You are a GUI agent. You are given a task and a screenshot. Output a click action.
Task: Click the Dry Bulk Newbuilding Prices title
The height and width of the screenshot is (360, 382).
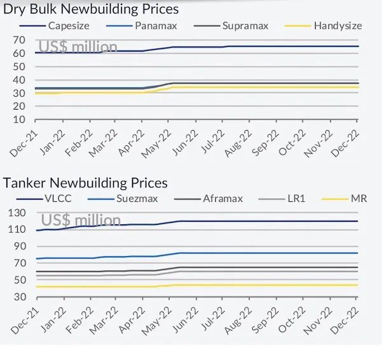[x=91, y=9]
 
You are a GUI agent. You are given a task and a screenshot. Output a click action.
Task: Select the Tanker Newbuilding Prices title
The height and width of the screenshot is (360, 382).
[x=85, y=183]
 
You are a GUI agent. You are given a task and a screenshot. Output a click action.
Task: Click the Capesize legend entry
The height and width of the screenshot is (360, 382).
[x=67, y=26]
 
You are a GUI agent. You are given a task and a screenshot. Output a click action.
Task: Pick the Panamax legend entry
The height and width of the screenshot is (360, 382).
[x=155, y=26]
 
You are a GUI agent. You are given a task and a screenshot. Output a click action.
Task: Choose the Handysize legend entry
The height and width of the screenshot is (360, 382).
[x=337, y=26]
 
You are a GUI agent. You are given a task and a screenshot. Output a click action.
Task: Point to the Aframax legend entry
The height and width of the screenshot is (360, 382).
[x=222, y=199]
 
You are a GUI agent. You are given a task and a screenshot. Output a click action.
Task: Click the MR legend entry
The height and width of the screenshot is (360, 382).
[x=358, y=199]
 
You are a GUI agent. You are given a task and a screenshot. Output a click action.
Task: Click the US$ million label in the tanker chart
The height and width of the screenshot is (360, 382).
[x=81, y=220]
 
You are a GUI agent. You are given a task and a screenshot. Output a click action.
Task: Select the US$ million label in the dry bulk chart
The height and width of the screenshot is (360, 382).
[x=78, y=47]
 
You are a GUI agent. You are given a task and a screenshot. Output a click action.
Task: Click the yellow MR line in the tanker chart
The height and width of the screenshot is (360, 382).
[x=255, y=285]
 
